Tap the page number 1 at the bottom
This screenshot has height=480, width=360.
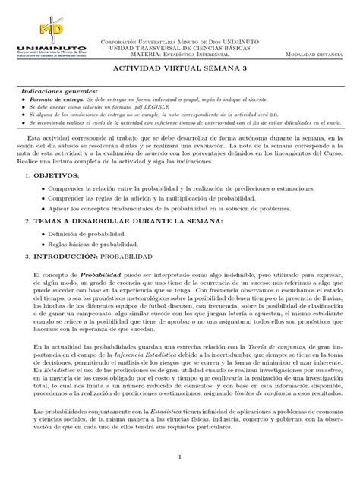pos(180,457)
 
